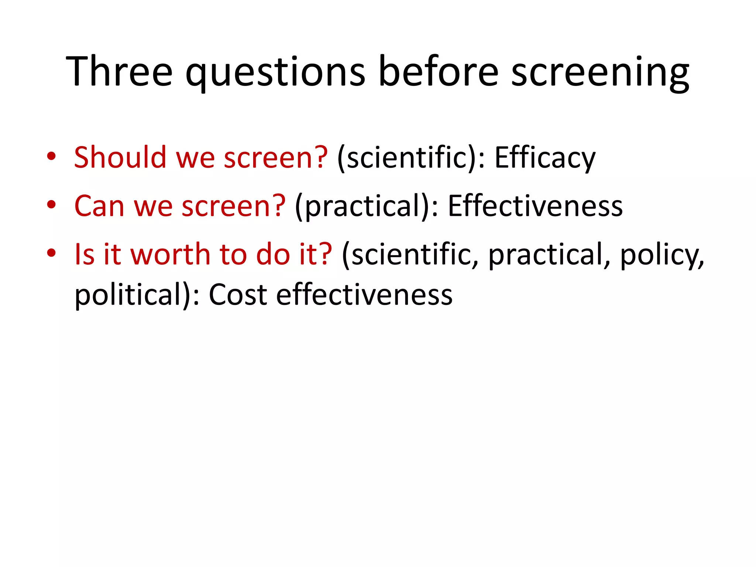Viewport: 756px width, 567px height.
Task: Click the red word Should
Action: click(120, 157)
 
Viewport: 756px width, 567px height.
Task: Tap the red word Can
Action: click(99, 206)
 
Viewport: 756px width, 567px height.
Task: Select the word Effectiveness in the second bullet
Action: click(535, 206)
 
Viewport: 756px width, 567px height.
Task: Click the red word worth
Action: click(170, 254)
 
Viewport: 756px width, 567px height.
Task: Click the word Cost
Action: click(238, 295)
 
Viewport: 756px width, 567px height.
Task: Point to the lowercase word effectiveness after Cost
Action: click(364, 295)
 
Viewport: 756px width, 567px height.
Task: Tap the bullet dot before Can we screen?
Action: click(51, 205)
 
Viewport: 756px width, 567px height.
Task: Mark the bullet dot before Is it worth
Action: click(51, 253)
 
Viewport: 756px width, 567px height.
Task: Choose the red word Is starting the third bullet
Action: click(85, 254)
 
